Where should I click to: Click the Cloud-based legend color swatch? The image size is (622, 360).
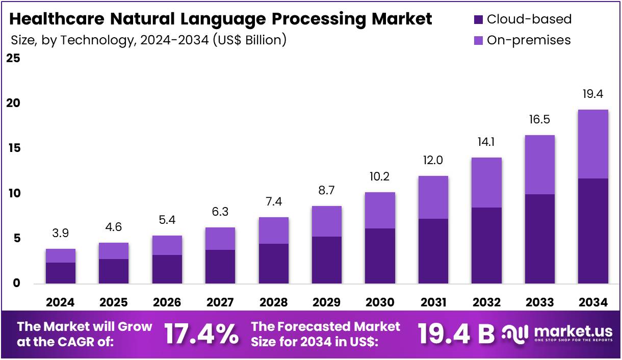(478, 20)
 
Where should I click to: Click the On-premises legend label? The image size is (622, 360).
(529, 40)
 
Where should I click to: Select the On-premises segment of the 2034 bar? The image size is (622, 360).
(592, 144)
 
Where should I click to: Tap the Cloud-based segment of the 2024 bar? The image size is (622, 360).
(61, 273)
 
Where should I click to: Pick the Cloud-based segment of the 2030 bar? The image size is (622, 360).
(380, 255)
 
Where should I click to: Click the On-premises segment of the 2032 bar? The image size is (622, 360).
(486, 183)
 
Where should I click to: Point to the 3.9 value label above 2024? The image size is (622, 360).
(61, 234)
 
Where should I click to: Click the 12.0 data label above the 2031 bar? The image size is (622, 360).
(433, 160)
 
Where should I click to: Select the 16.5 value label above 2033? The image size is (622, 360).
(539, 120)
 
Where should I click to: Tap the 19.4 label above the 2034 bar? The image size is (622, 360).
(592, 94)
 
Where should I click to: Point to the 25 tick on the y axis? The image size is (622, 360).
(13, 59)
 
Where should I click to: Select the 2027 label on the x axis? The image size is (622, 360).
(220, 302)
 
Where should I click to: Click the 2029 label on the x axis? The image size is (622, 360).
(327, 302)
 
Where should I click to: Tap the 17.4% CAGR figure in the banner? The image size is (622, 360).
(201, 334)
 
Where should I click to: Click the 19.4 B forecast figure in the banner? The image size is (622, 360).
(456, 334)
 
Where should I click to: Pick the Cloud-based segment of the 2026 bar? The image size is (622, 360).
(167, 269)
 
